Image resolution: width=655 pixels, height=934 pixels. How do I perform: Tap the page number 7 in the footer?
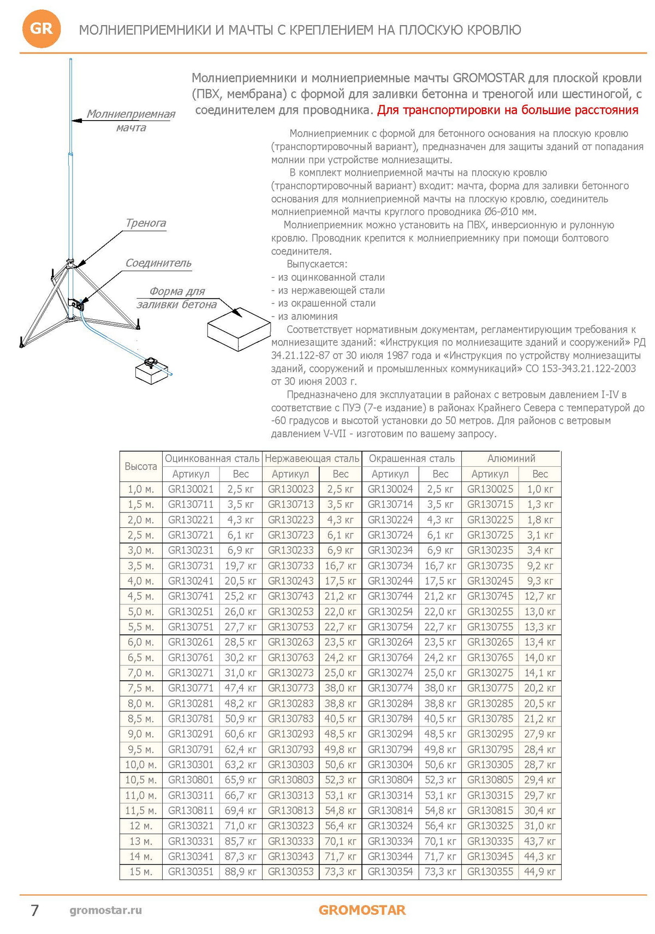34,910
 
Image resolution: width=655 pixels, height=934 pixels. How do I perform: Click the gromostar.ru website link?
106,910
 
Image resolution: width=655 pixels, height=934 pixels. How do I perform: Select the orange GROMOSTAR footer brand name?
362,910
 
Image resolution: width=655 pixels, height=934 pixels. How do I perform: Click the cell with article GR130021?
190,489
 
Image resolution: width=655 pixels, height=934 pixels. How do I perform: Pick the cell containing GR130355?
490,872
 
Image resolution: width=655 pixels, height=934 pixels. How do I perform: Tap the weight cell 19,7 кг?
241,566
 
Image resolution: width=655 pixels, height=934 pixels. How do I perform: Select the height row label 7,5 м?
141,688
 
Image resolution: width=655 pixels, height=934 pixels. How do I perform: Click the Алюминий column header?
511,459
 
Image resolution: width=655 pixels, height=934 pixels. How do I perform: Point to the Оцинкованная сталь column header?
212,459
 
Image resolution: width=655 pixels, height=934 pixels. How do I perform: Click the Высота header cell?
141,466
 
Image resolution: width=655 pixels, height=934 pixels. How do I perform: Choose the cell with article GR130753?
290,627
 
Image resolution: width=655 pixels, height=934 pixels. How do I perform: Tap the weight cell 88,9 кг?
241,872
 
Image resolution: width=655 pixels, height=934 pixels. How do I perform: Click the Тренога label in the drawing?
146,223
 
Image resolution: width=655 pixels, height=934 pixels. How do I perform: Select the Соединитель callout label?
158,263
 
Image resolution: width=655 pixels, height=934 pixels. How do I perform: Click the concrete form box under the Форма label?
238,329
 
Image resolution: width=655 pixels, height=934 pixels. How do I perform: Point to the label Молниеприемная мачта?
131,121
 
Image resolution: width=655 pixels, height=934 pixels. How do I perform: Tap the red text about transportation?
508,110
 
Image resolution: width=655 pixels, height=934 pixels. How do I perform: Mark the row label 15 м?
141,872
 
